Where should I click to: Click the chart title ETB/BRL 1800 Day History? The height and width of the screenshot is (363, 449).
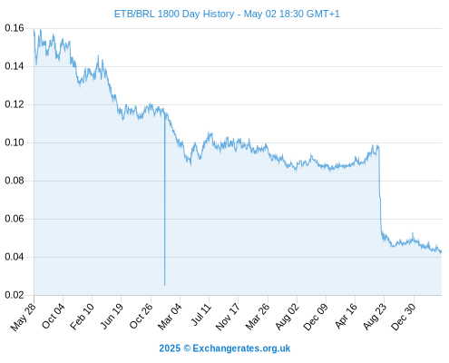[x=174, y=14]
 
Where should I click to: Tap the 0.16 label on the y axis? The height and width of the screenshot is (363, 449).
[x=15, y=28]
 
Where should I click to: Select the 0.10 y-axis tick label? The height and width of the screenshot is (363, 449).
[x=15, y=142]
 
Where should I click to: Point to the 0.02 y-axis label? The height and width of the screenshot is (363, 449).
[x=15, y=295]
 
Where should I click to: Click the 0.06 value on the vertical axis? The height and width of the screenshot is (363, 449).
[x=15, y=219]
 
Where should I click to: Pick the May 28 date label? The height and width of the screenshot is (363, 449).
[x=23, y=317]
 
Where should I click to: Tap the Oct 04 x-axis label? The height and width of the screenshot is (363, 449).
[x=53, y=316]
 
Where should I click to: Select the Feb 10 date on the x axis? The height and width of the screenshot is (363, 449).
[x=82, y=317]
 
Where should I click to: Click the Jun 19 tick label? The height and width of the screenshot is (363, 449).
[x=112, y=316]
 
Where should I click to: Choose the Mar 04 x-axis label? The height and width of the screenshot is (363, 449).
[x=170, y=317]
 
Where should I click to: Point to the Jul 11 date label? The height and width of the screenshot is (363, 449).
[x=200, y=315]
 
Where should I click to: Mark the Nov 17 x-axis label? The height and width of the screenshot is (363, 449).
[x=228, y=317]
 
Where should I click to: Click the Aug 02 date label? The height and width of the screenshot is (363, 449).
[x=287, y=317]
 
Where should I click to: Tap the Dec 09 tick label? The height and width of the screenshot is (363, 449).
[x=316, y=317]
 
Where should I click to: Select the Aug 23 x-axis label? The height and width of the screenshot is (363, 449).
[x=375, y=317]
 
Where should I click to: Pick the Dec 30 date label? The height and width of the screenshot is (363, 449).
[x=404, y=317]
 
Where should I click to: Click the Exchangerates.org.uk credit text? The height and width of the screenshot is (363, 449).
[x=241, y=348]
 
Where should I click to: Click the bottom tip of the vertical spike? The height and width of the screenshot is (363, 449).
[x=164, y=285]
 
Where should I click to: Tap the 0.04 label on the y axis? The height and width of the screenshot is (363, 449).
[x=15, y=257]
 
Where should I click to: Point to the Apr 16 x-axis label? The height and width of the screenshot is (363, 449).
[x=346, y=316]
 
